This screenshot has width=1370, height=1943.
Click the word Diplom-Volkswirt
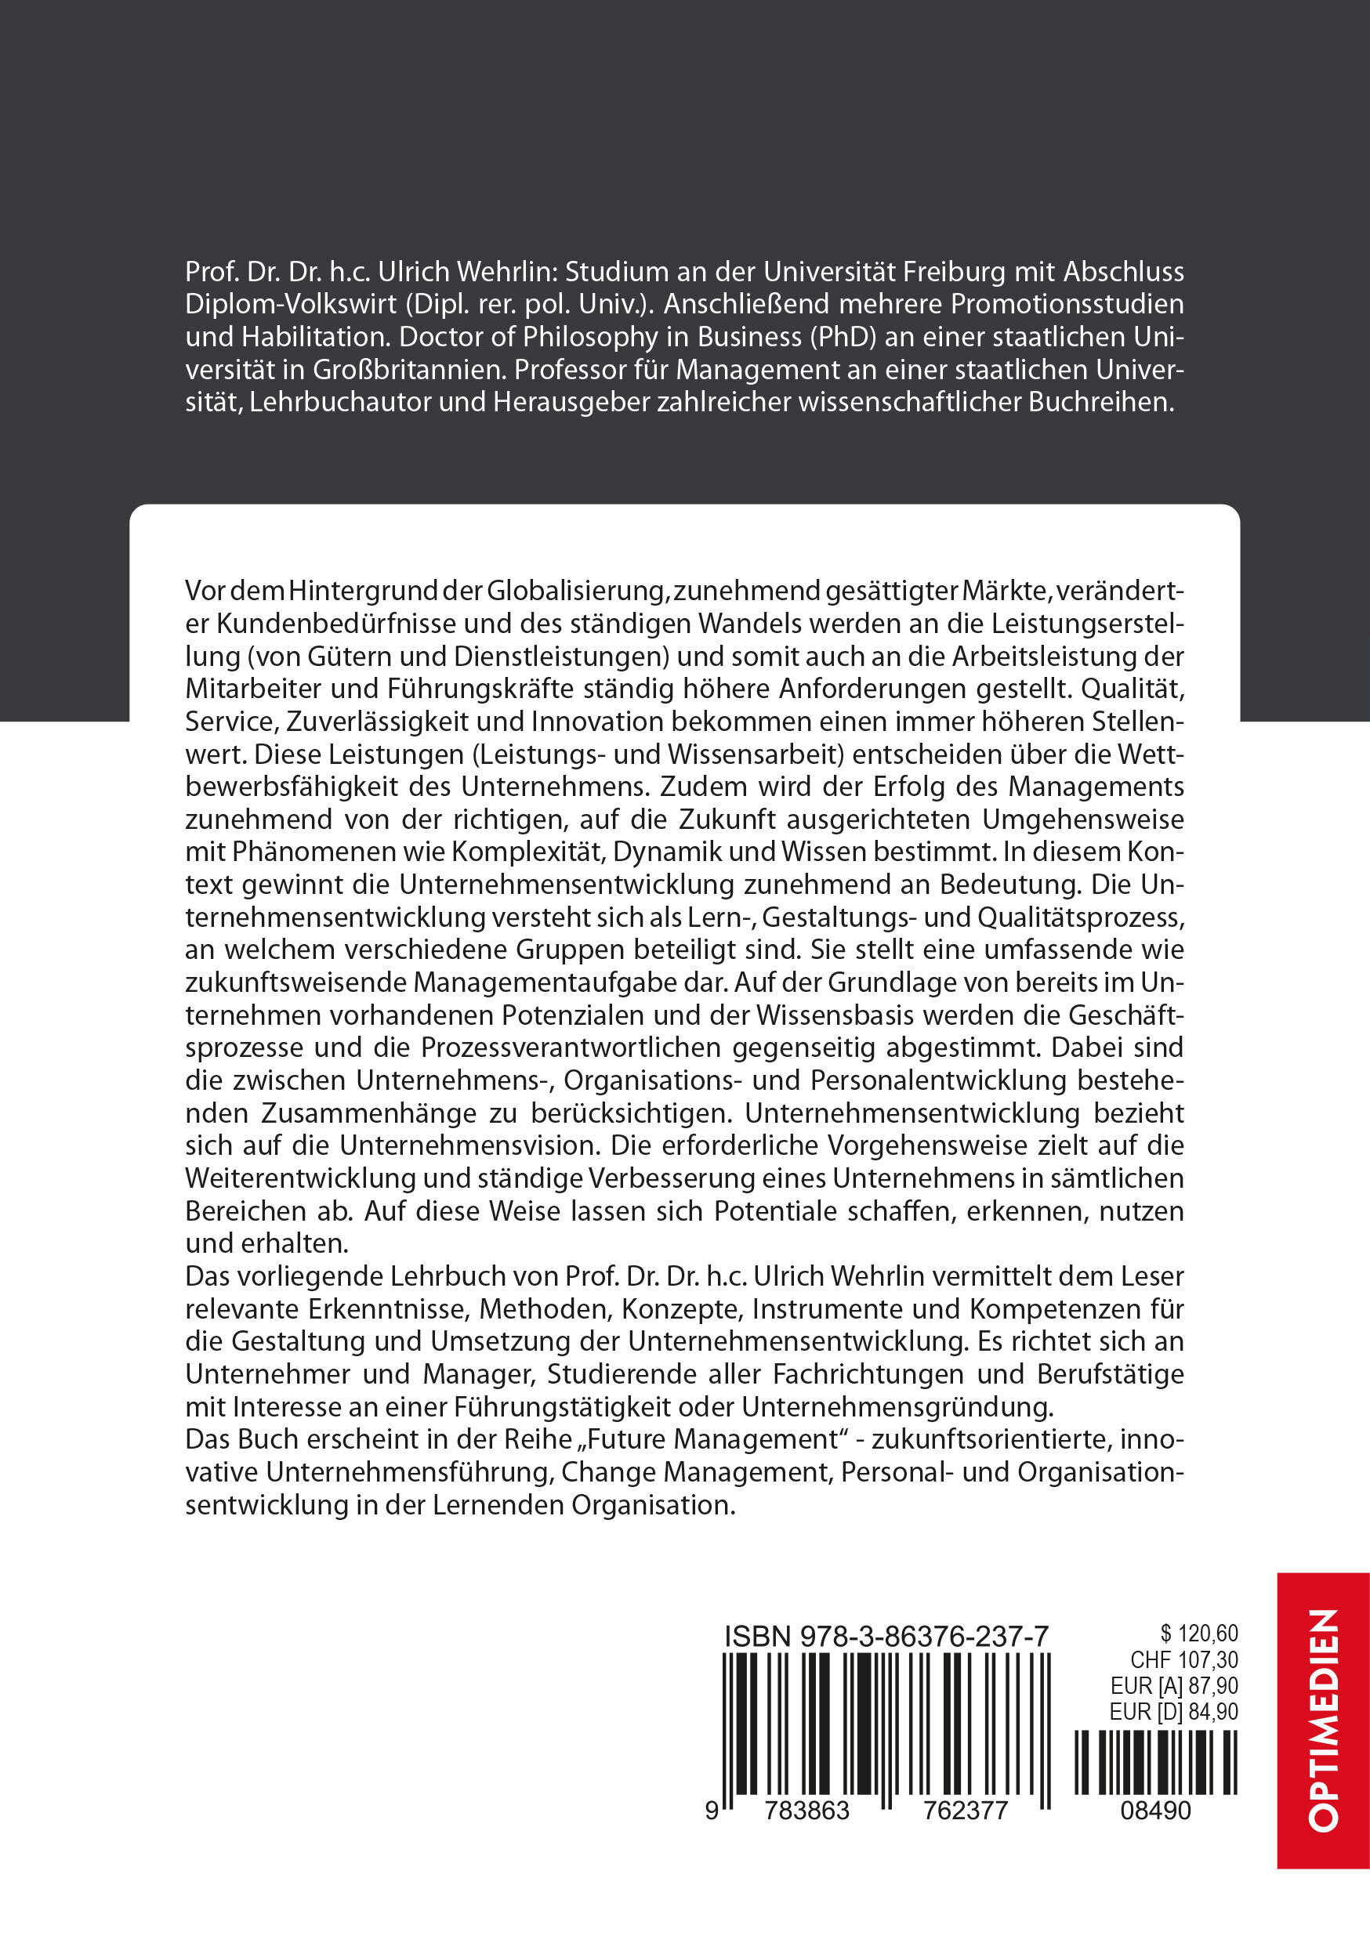pyautogui.click(x=291, y=305)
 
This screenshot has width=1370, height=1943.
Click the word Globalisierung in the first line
pyautogui.click(x=578, y=590)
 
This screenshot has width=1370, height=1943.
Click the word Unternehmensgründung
pyautogui.click(x=897, y=1406)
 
